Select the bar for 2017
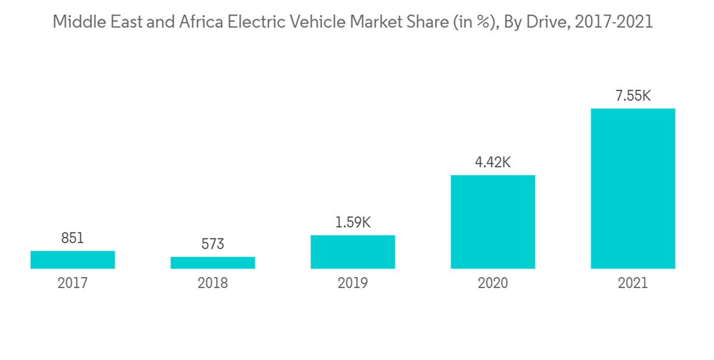73,260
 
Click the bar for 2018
213,263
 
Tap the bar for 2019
353,252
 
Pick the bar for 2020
493,222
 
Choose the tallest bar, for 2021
633,189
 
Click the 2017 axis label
73,284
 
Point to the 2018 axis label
213,284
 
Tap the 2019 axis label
353,284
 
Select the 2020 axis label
493,284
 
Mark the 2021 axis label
633,284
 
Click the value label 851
72,238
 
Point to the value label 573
213,244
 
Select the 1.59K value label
353,222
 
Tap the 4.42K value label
493,162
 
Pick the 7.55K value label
633,96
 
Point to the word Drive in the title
547,22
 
